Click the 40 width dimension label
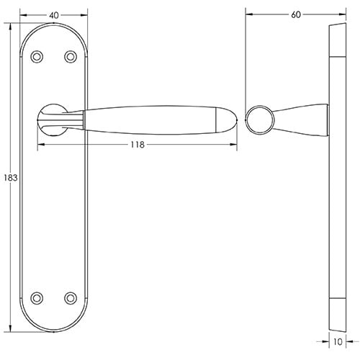tap(54, 16)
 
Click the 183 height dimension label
tap(11, 178)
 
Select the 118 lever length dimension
tap(138, 145)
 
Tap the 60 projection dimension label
tap(296, 15)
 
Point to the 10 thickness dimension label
tap(338, 342)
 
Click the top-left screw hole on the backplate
tap(37, 57)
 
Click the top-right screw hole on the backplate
tap(71, 57)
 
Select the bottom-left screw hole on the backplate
tap(37, 298)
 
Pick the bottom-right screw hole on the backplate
tap(71, 298)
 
